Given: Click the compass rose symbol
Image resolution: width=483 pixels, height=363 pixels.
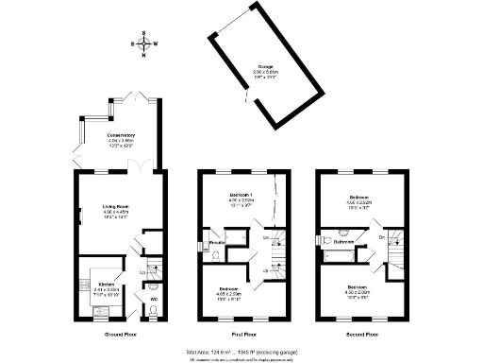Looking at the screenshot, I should click(143, 43).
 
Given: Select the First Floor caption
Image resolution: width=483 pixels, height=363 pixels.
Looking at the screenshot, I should click(243, 334).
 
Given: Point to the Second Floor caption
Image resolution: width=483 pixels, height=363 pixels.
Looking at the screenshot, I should click(364, 334).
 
